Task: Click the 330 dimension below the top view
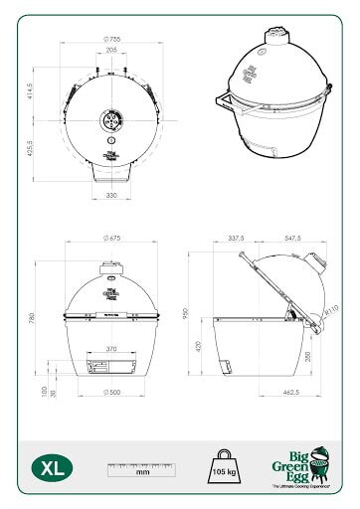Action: (x=112, y=196)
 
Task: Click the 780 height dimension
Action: (x=33, y=320)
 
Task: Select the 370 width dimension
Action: (x=111, y=349)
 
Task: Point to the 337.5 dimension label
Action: (x=236, y=239)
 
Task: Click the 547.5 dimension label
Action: (x=290, y=239)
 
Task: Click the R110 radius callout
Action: (x=330, y=311)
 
